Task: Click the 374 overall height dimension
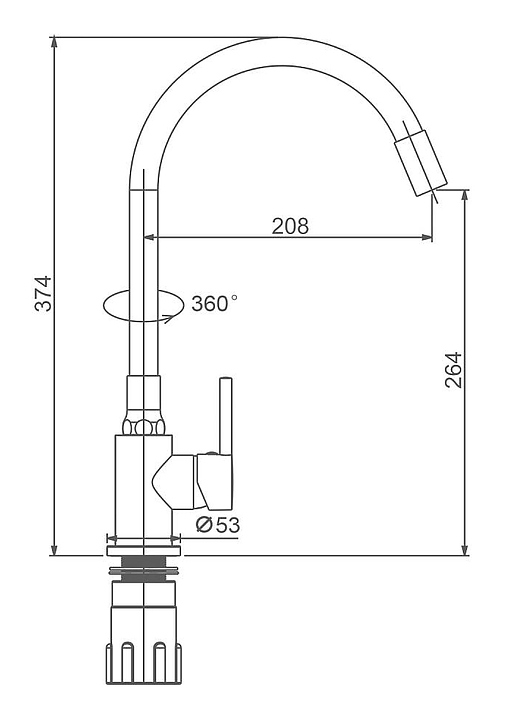pos(43,294)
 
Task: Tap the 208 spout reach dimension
pos(290,226)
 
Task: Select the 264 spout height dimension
pos(453,370)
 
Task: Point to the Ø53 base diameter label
pos(218,525)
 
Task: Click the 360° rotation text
pos(214,304)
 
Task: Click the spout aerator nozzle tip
pos(421,163)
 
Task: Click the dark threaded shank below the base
pos(144,562)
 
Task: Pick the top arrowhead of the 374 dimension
pos(54,42)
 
